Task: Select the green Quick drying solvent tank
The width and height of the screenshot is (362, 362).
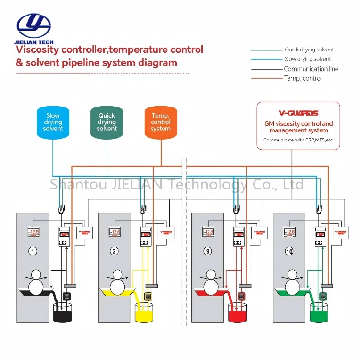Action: pyautogui.click(x=107, y=122)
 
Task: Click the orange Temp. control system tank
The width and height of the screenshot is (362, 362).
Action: pyautogui.click(x=161, y=122)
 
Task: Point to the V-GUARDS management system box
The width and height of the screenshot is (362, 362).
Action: pyautogui.click(x=298, y=126)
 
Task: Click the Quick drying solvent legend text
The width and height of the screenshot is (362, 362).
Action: pyautogui.click(x=309, y=49)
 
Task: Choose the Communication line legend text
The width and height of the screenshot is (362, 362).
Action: pyautogui.click(x=311, y=69)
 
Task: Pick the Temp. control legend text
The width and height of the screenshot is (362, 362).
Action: pyautogui.click(x=303, y=78)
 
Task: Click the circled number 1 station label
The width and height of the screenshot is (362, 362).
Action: pyautogui.click(x=33, y=251)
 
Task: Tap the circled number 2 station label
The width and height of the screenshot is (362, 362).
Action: pyautogui.click(x=115, y=251)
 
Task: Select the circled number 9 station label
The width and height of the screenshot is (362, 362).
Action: pyautogui.click(x=208, y=251)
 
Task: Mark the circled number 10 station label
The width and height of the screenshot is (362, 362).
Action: pyautogui.click(x=289, y=251)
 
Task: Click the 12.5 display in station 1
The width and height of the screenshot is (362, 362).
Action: pyautogui.click(x=33, y=232)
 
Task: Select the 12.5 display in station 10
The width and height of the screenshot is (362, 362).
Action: pyautogui.click(x=289, y=232)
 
